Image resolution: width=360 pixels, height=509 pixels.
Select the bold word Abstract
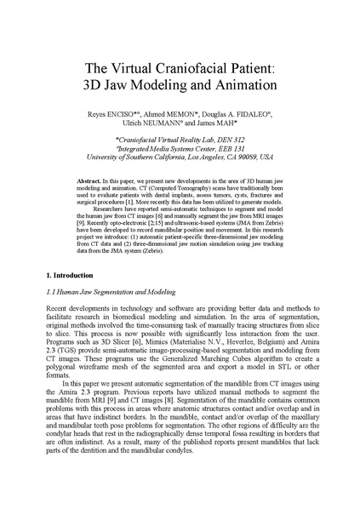115,182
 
